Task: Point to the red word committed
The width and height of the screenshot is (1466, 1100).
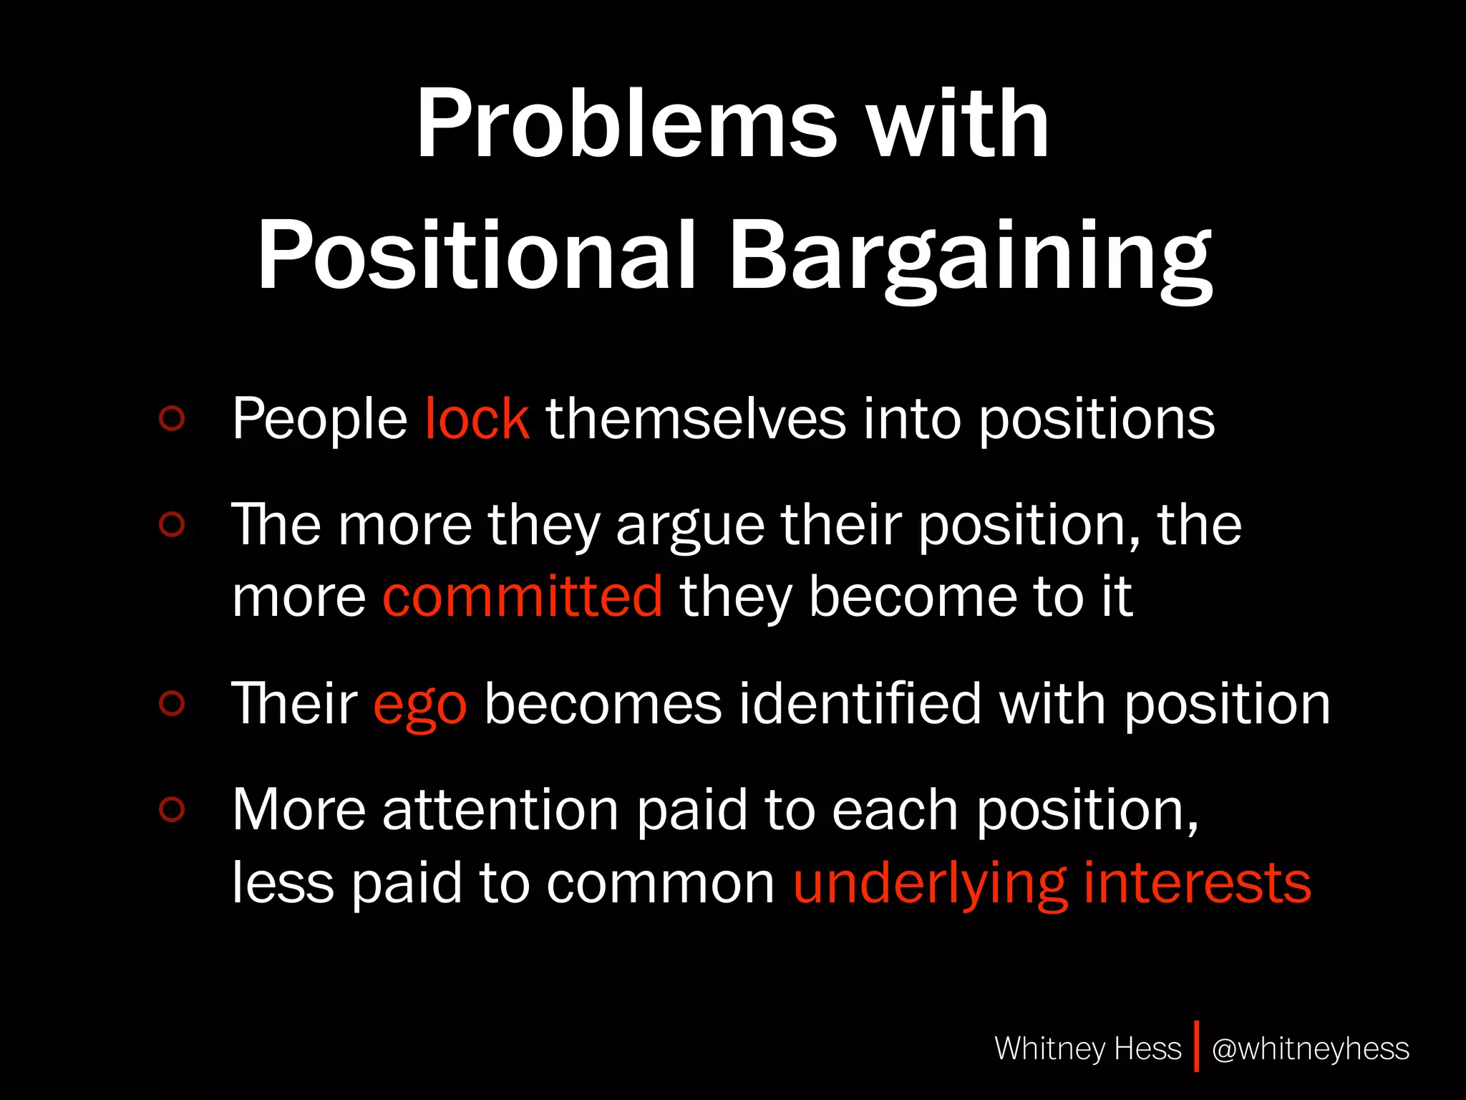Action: point(523,596)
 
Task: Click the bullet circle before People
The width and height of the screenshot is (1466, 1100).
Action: point(172,418)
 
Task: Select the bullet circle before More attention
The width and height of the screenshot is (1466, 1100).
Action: point(172,809)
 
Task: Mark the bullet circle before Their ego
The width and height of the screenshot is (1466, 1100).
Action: point(172,703)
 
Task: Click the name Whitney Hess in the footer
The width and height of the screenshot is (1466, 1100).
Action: point(1087,1048)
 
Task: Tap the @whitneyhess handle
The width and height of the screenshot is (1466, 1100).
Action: point(1310,1048)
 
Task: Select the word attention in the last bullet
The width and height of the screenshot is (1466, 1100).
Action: point(500,809)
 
